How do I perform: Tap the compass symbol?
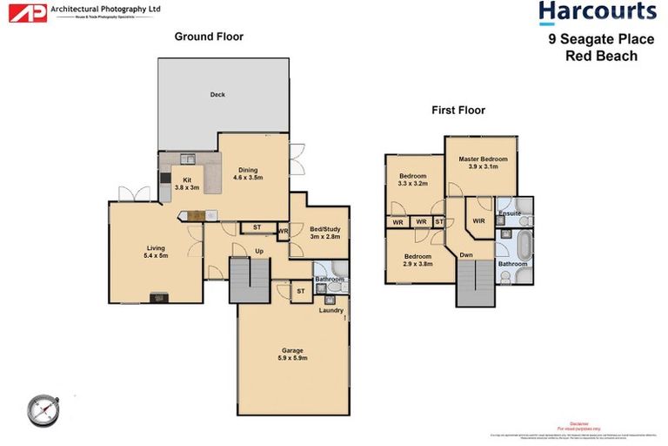point(42,407)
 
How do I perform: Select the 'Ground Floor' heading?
point(209,37)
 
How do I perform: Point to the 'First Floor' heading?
point(458,111)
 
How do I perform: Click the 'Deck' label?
point(217,95)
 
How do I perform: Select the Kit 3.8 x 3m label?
point(187,184)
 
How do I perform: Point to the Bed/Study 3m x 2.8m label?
point(324,233)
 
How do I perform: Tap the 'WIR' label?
point(478,221)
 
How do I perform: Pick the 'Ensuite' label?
point(510,213)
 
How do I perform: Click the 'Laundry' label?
point(331,310)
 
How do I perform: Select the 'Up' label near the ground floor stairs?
point(258,251)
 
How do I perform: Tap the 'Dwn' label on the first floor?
point(466,255)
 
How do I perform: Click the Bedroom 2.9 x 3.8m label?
point(417,260)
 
